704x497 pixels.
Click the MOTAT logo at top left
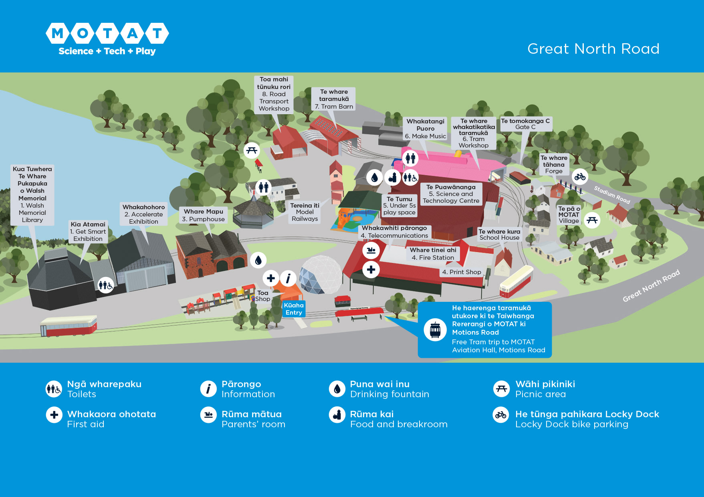(x=107, y=38)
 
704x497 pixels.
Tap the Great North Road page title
(x=593, y=48)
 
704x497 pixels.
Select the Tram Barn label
(x=333, y=99)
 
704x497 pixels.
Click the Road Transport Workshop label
(x=274, y=94)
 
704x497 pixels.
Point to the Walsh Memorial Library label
(x=32, y=194)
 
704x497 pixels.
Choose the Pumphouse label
(x=203, y=215)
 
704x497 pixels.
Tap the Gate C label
(x=525, y=124)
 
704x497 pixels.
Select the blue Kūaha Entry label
(x=294, y=309)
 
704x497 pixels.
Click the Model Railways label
(x=305, y=212)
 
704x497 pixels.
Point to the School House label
(x=499, y=234)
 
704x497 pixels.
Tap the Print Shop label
(x=461, y=272)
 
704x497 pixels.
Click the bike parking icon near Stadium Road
(x=580, y=176)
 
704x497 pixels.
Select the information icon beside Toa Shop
(x=288, y=277)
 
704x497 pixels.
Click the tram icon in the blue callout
(x=435, y=330)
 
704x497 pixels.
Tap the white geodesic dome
(x=321, y=275)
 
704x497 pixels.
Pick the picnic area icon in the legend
(x=501, y=388)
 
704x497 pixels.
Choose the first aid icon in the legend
(x=54, y=414)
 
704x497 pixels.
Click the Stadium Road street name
(x=612, y=194)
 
